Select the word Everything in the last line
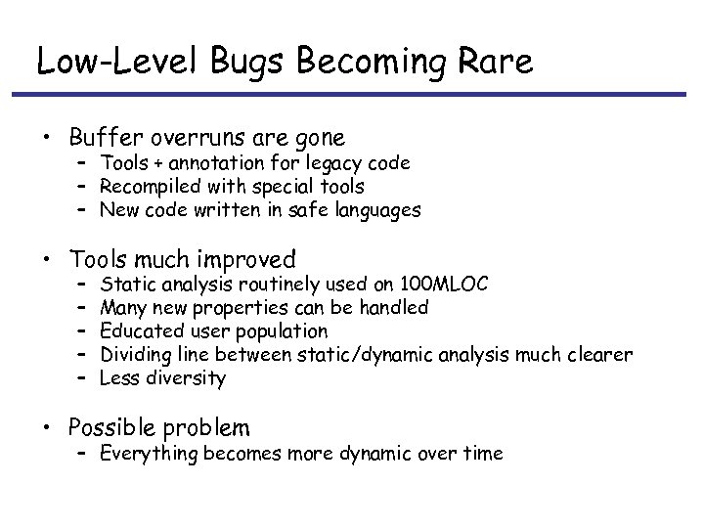click(x=149, y=454)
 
